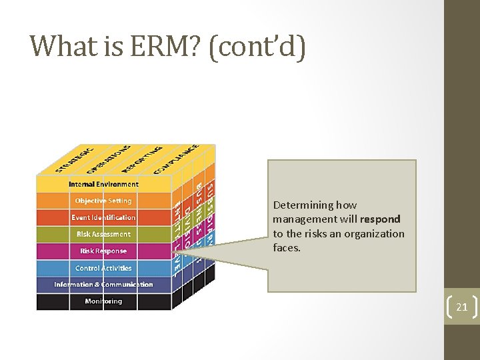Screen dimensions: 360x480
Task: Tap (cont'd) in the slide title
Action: (x=257, y=47)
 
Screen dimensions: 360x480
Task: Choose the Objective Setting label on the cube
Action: (x=103, y=201)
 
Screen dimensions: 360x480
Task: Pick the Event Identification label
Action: (x=103, y=217)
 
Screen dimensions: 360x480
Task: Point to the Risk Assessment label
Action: (x=103, y=234)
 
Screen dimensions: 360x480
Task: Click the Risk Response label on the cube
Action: (x=103, y=251)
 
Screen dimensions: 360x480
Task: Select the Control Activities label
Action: (x=103, y=268)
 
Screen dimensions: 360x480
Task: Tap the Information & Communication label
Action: (x=103, y=285)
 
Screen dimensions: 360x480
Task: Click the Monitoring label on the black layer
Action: (x=103, y=301)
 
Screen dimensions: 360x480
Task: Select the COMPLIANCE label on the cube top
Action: (x=175, y=159)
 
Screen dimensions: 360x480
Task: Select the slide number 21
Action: (x=461, y=307)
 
